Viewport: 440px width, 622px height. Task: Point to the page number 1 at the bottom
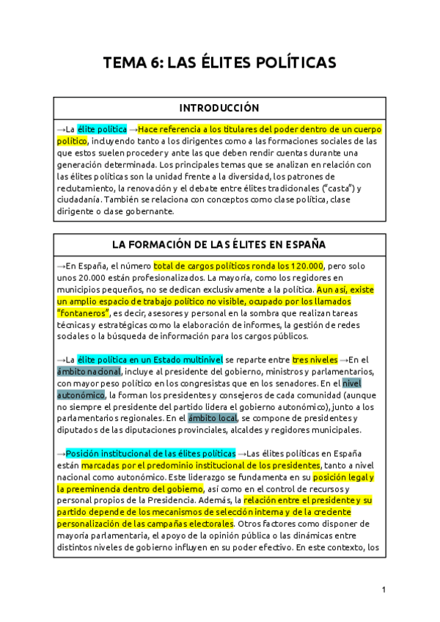384,589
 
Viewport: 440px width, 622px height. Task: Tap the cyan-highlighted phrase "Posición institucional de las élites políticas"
150,453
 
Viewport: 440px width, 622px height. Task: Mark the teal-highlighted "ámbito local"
213,418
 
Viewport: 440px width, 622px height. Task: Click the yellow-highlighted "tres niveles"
315,359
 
